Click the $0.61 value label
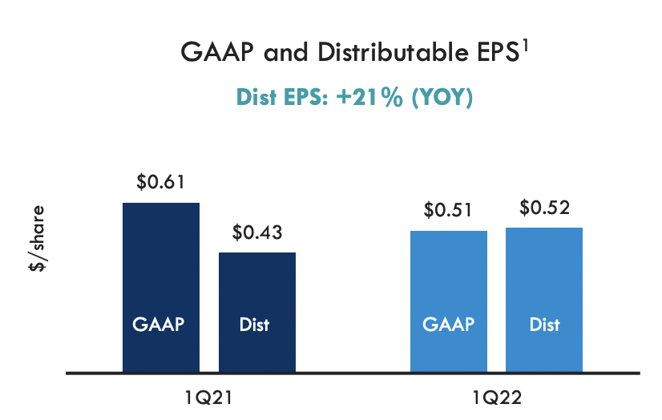[160, 182]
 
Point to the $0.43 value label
[256, 232]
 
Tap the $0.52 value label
[544, 208]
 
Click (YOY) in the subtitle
[440, 98]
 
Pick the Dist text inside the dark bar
[255, 325]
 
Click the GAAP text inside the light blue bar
[448, 325]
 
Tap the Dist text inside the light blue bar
[544, 325]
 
